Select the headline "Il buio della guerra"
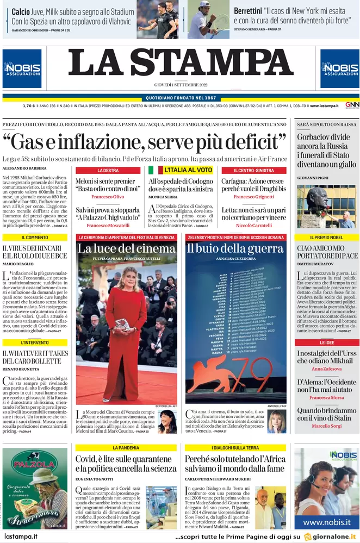(x=235, y=249)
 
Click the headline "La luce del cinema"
(x=126, y=249)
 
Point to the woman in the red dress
(x=126, y=332)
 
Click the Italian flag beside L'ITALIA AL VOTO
(x=153, y=170)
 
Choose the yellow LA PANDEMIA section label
(x=126, y=447)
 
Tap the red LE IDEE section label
(x=326, y=343)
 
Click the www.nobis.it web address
(x=326, y=522)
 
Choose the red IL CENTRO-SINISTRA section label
(x=253, y=170)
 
